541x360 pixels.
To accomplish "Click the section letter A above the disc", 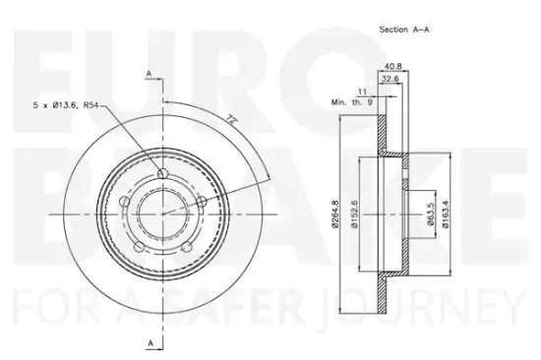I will [x=150, y=74].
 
